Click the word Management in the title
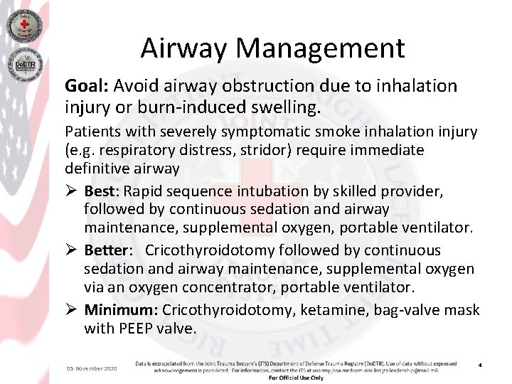click(321, 49)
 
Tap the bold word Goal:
click(85, 87)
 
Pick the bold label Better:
click(108, 250)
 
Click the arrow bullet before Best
click(71, 191)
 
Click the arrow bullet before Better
click(71, 250)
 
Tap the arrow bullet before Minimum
click(71, 310)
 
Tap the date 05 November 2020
click(92, 368)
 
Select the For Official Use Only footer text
click(296, 378)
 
